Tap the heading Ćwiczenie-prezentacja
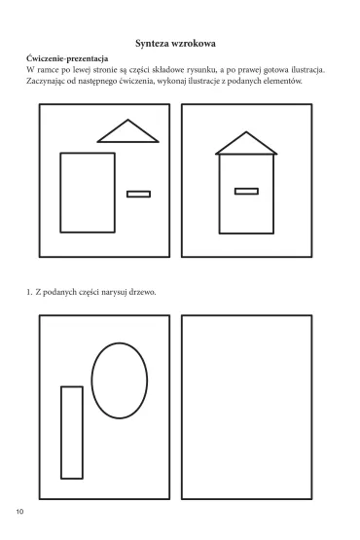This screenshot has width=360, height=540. [x=67, y=58]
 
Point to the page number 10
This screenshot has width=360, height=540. [x=19, y=512]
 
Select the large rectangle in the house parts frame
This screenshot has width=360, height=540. [x=88, y=153]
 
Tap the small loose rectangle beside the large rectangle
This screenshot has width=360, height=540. [x=138, y=195]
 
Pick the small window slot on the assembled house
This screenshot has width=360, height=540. [x=246, y=191]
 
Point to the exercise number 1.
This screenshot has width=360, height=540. [x=29, y=292]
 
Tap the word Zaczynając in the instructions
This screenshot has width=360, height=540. [x=46, y=82]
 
